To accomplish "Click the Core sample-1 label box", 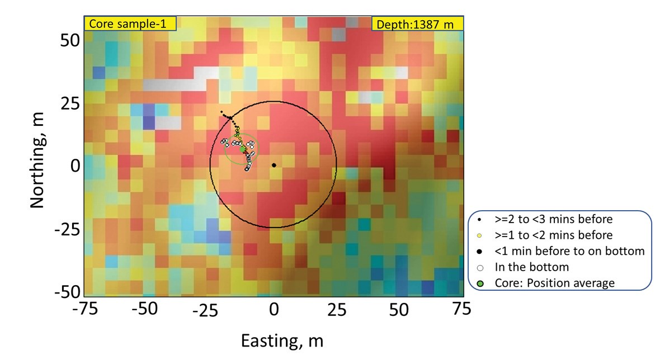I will coord(130,23).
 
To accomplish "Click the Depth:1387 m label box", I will coord(417,23).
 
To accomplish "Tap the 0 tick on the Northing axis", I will coord(73,165).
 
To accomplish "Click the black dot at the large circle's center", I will coord(274,165).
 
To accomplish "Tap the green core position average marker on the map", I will coord(243,149).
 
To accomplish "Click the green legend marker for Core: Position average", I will coord(480,283).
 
